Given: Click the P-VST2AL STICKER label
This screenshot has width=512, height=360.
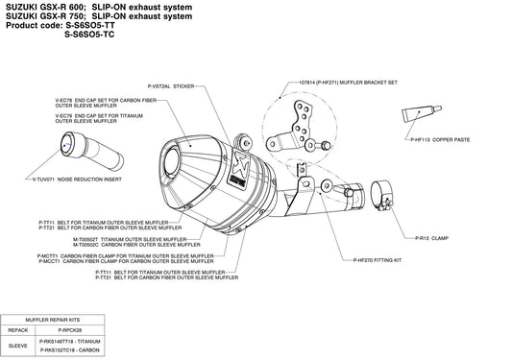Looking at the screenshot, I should click(172, 85).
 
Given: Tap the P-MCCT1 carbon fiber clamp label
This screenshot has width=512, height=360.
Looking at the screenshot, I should click(155, 261).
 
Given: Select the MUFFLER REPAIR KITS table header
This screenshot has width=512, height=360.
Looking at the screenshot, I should click(54, 318).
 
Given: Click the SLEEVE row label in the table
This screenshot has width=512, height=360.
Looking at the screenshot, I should click(18, 346).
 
